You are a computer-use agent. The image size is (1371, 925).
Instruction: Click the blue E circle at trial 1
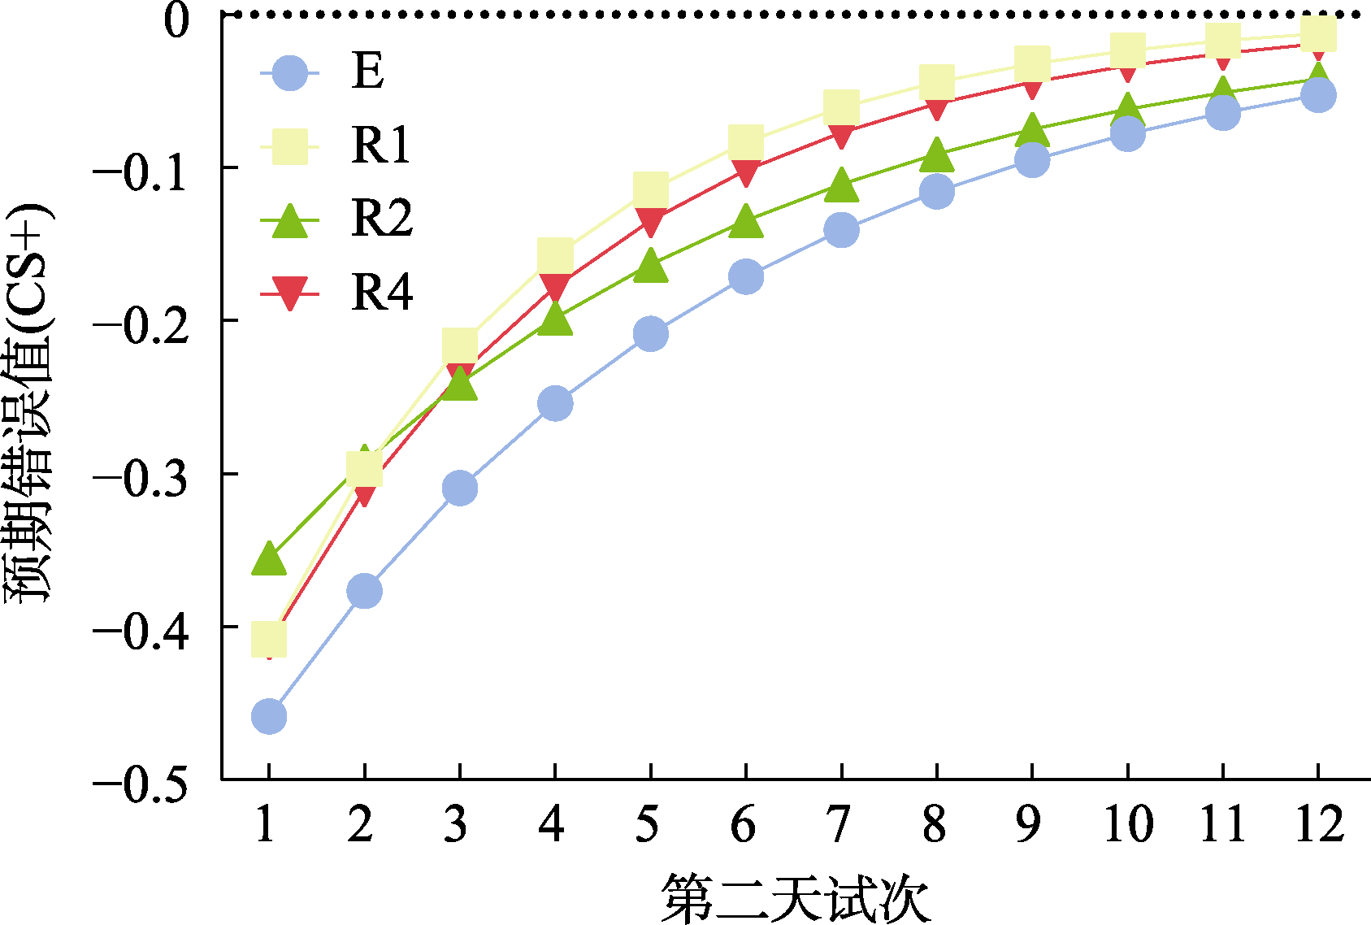coord(269,717)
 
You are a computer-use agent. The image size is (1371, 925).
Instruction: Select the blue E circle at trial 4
coord(555,403)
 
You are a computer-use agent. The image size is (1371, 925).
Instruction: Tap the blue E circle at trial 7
coord(841,230)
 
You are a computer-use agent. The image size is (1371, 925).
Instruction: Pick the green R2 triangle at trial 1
coord(269,559)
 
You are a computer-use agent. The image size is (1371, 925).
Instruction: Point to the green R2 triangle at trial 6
coord(746,222)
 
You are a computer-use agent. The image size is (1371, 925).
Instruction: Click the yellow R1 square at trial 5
coord(650,189)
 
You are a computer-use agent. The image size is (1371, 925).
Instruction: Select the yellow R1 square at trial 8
coord(936,80)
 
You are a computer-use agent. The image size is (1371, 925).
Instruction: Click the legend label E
coord(367,72)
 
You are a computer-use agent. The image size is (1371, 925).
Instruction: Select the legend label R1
coord(381,145)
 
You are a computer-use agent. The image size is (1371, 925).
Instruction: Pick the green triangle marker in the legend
coord(289,221)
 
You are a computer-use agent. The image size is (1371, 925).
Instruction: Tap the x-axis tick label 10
coord(1127,824)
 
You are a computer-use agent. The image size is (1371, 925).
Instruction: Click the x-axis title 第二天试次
coord(795,899)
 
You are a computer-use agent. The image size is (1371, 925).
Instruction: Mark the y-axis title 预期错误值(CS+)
coord(30,402)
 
